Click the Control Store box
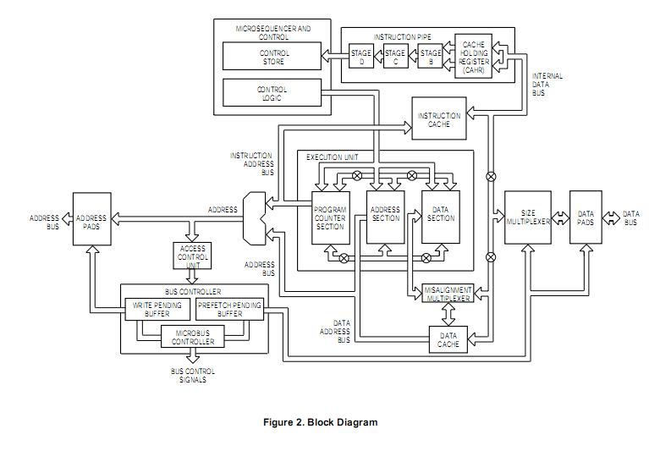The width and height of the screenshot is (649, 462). point(272,57)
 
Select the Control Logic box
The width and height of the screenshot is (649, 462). point(272,93)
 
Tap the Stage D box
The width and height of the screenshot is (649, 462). point(361,58)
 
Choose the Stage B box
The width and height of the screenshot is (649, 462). point(431,58)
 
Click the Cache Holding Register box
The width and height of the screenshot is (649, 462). point(474,58)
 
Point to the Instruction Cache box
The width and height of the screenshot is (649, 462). point(439,120)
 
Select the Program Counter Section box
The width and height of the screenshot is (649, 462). point(329,217)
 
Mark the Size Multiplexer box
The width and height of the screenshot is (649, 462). point(528,218)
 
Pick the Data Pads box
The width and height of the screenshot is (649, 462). point(586,218)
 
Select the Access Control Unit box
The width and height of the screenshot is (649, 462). point(193,256)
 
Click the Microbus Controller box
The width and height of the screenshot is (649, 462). point(193,338)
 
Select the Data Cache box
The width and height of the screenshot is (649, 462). point(448,339)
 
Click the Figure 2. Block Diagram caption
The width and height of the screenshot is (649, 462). point(320,422)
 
